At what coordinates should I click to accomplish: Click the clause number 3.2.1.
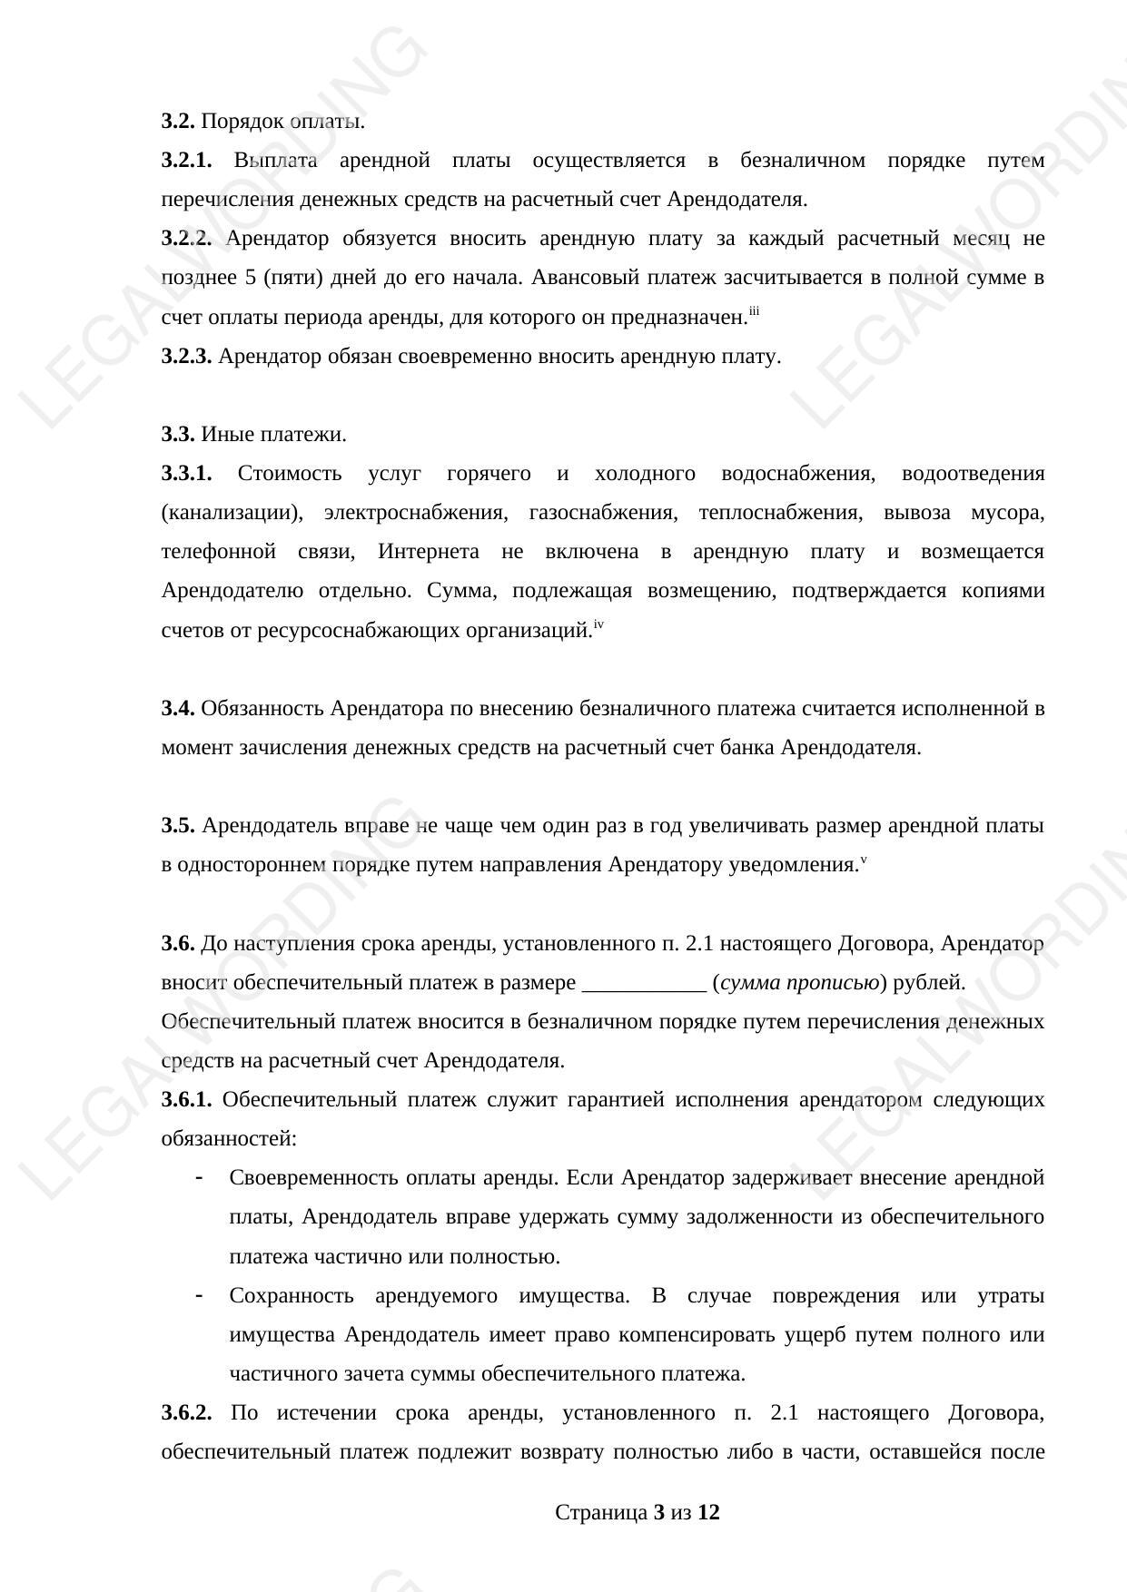click(186, 161)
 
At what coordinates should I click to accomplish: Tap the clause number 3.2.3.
click(186, 357)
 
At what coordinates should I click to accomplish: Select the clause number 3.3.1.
click(186, 474)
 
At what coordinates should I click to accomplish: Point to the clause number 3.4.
click(178, 708)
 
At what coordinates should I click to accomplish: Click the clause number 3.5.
click(178, 826)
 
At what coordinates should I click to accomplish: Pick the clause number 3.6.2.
click(186, 1413)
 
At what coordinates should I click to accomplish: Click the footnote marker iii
click(754, 313)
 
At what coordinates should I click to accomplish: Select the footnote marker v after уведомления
click(864, 860)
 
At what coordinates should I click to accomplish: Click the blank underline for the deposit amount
click(643, 983)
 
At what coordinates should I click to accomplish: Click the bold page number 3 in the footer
click(658, 1513)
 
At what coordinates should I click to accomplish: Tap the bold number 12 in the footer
click(708, 1513)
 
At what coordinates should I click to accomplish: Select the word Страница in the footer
click(600, 1513)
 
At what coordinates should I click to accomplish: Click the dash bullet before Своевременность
click(198, 1178)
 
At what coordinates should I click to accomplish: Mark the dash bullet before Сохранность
click(198, 1295)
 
